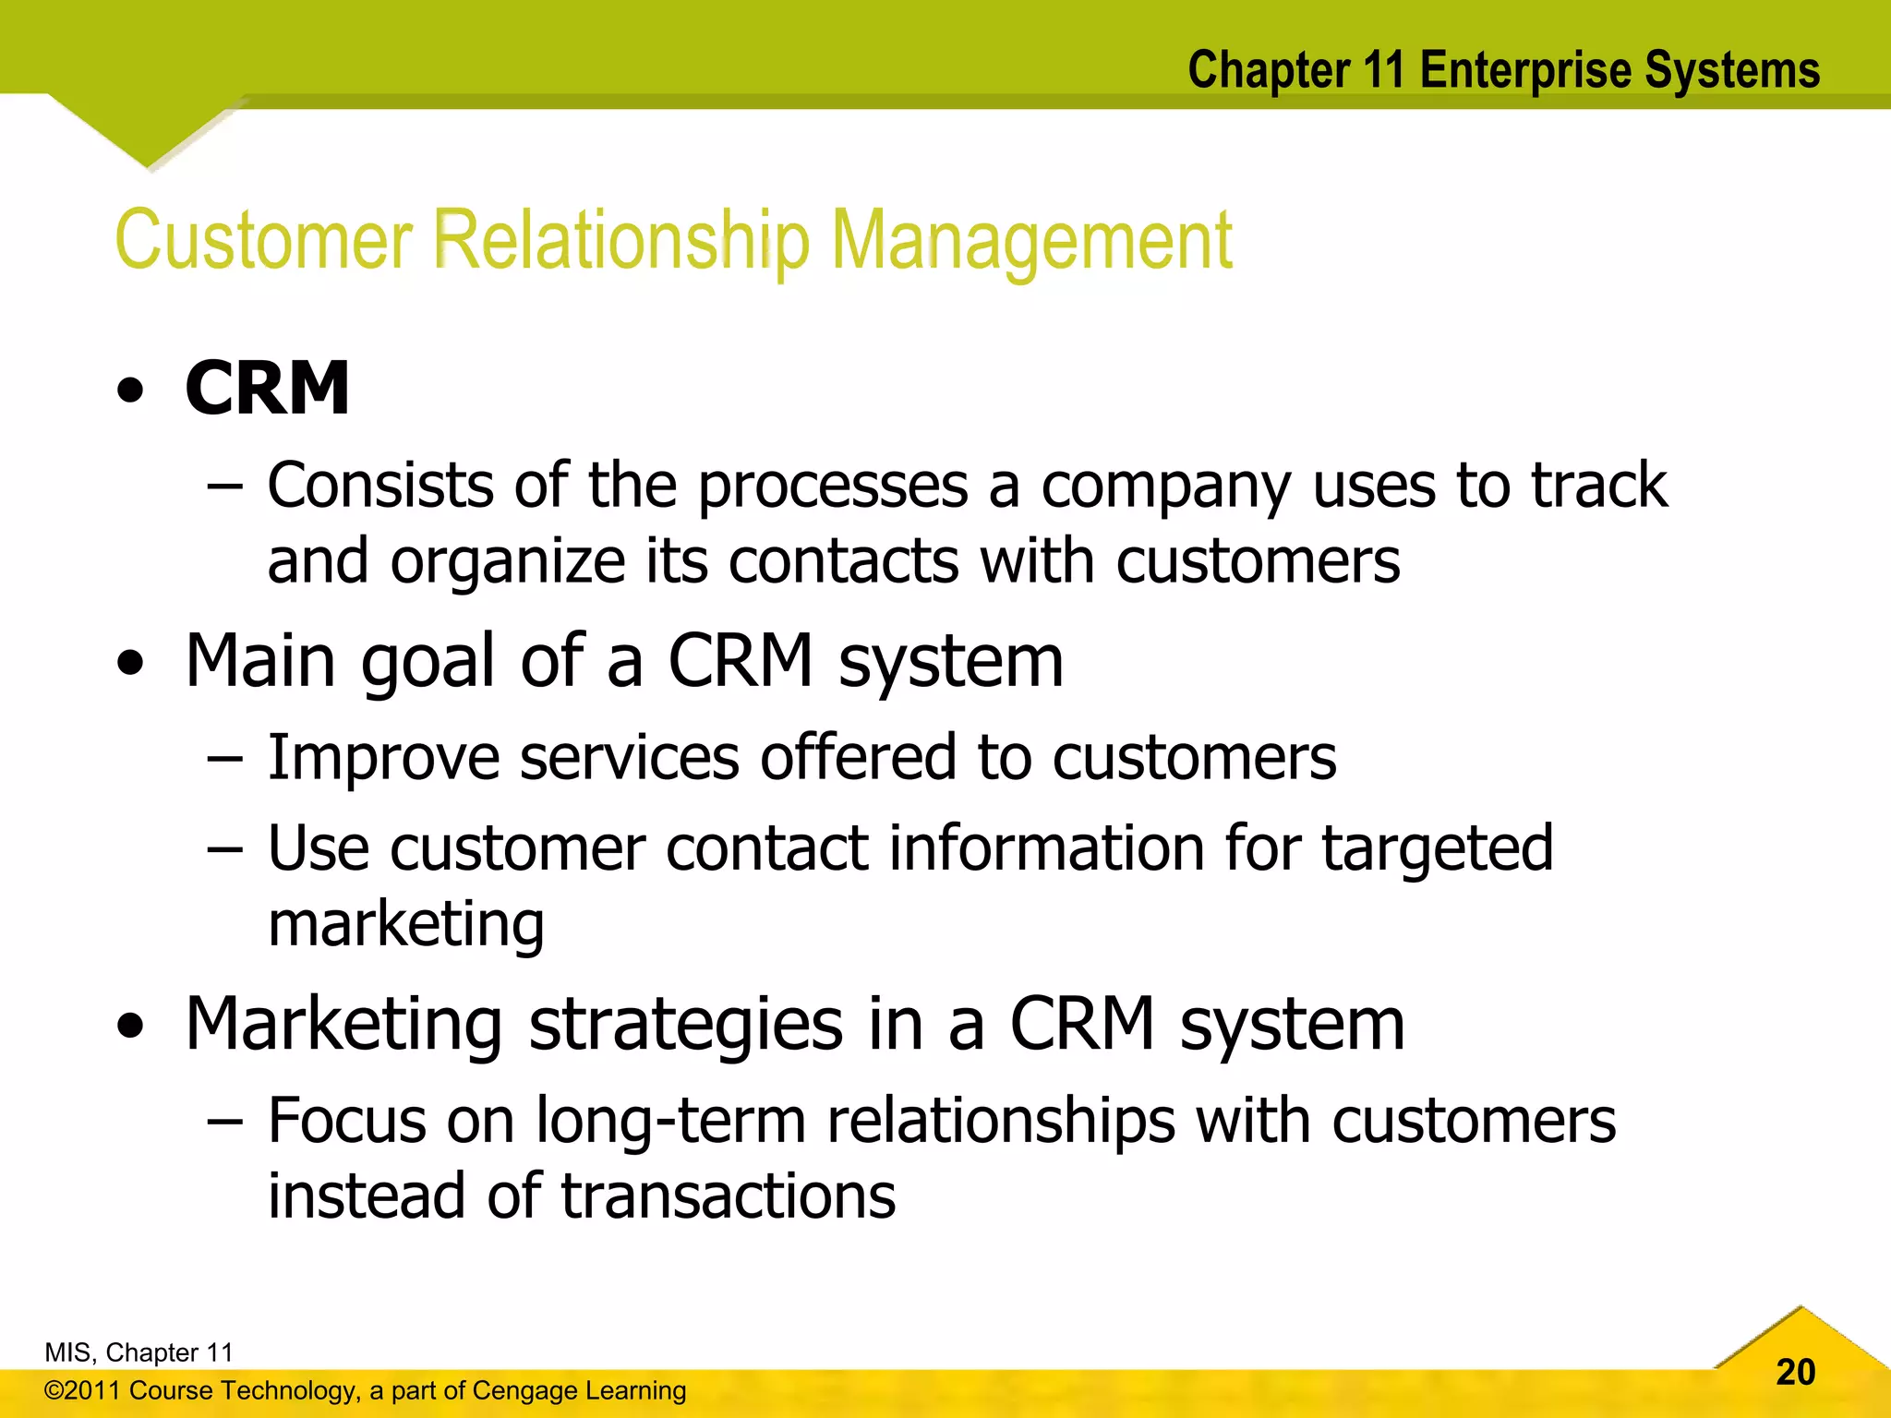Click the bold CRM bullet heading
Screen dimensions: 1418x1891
(x=267, y=389)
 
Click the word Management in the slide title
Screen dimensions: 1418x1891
(x=1031, y=241)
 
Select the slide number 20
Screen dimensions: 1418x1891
(x=1795, y=1373)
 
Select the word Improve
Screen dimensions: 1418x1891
(x=382, y=758)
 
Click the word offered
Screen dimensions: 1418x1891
(x=858, y=758)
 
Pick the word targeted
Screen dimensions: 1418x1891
(x=1437, y=849)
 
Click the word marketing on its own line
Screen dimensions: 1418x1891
(x=406, y=925)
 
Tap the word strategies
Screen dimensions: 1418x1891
(x=685, y=1025)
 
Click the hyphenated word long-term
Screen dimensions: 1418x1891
(x=671, y=1122)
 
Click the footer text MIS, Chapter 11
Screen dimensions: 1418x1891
(x=139, y=1352)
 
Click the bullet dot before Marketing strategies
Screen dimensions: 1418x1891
(x=131, y=1026)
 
